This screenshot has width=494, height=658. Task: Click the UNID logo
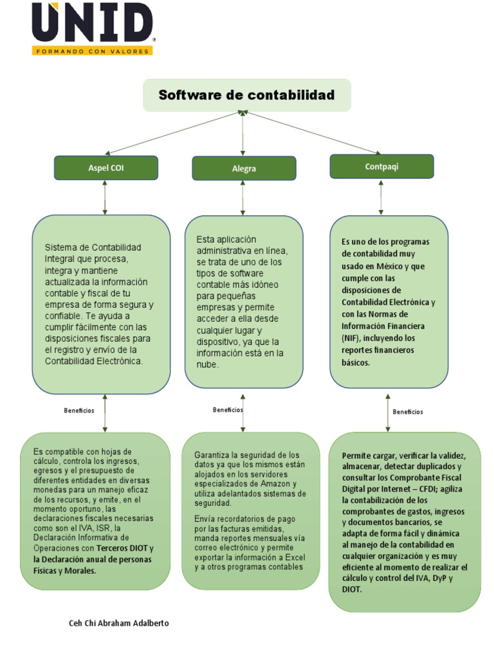[93, 24]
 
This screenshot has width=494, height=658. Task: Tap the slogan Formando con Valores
[93, 50]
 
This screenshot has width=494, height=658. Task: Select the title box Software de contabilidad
[246, 96]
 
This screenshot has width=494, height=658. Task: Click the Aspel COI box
[106, 168]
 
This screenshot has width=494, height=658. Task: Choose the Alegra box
[244, 168]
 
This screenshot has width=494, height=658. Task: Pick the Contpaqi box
[381, 166]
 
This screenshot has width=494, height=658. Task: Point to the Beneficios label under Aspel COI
[79, 410]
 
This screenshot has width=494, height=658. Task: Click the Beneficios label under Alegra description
[228, 409]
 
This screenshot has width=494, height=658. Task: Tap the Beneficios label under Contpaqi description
[408, 412]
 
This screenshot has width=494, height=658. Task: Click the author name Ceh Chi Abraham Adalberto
[119, 623]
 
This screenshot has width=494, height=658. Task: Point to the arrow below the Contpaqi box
[381, 197]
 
